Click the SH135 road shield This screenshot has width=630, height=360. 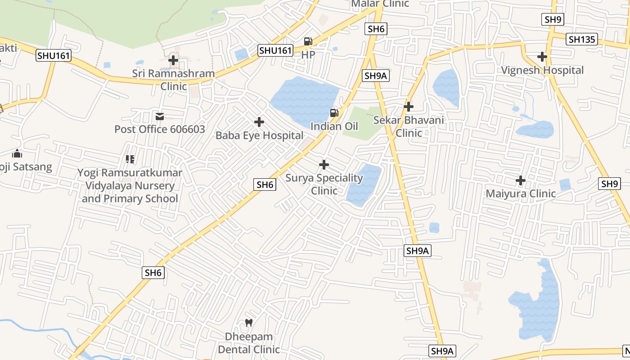582,39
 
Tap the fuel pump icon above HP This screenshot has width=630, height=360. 308,41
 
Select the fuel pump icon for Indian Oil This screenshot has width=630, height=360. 334,113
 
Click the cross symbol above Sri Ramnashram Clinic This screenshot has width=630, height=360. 173,60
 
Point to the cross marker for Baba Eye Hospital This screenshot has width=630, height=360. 259,122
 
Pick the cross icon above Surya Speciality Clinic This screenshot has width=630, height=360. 324,165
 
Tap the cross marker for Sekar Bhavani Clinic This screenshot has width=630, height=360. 409,107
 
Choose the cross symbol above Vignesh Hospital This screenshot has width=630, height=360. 542,57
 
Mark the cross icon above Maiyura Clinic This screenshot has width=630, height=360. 521,180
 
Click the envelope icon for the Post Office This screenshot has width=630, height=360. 160,117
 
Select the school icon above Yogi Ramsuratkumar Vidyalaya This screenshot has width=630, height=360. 130,159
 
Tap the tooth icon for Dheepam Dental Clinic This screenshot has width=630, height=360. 248,323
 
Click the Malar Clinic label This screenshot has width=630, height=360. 380,4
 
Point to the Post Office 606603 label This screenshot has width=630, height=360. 159,130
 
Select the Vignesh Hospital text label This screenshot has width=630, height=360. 542,70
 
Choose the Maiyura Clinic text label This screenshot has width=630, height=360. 521,194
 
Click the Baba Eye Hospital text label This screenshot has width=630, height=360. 259,135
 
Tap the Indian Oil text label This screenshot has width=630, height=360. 334,126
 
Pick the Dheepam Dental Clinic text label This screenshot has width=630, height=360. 248,343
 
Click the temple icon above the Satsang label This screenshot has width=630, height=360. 17,153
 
